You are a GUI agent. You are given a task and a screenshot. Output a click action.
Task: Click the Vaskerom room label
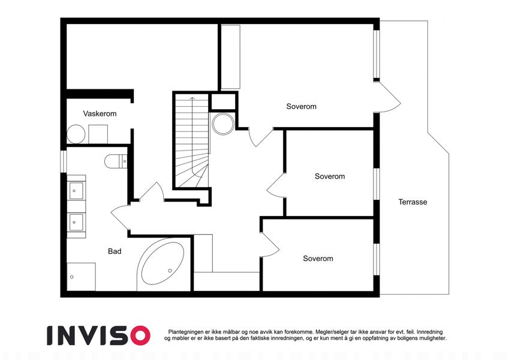(x=100, y=114)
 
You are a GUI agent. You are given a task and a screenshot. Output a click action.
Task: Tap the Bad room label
(x=115, y=251)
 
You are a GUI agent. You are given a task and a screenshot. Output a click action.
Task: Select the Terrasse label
(x=412, y=202)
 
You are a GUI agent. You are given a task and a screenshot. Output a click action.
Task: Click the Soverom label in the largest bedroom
(x=301, y=106)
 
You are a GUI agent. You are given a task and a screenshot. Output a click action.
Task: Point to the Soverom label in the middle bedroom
(x=330, y=176)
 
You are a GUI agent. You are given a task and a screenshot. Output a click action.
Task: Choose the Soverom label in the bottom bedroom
(x=318, y=259)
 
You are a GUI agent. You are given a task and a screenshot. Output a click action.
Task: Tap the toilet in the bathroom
(x=116, y=161)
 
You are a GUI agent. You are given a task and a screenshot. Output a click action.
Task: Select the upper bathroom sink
(x=76, y=190)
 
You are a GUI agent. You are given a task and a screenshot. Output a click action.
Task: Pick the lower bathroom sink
(x=76, y=222)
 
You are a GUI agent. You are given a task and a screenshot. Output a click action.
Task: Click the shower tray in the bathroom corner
(x=81, y=277)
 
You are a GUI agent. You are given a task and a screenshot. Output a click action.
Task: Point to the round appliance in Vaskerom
(x=76, y=134)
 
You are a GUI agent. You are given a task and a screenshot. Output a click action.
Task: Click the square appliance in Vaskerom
(x=98, y=134)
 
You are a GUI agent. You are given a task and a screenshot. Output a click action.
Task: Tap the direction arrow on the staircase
(x=192, y=136)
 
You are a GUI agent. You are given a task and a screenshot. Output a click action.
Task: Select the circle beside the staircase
(x=223, y=124)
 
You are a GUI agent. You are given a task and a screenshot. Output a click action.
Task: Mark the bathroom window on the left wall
(x=64, y=161)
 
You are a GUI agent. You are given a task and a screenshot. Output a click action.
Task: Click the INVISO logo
(x=99, y=335)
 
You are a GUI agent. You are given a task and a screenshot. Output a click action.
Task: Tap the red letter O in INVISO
(x=140, y=335)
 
